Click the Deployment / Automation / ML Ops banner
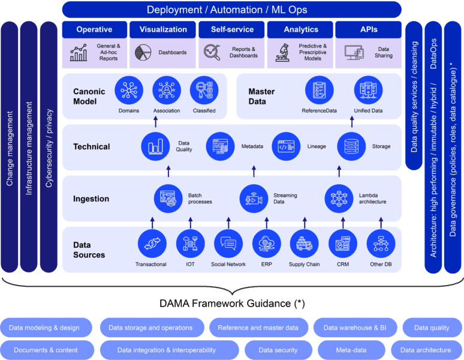pos(231,10)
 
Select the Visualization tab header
pos(163,29)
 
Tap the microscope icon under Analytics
pos(283,52)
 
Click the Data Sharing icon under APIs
pos(354,52)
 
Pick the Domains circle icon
pos(129,90)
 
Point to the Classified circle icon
pos(204,90)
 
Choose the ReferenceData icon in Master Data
pos(319,90)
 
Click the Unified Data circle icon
pos(368,90)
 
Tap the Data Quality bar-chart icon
pos(155,146)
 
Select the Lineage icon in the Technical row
pos(286,146)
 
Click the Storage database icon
pos(351,146)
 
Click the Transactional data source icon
pos(151,244)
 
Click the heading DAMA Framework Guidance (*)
pos(232,304)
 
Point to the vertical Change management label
pos(10,148)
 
